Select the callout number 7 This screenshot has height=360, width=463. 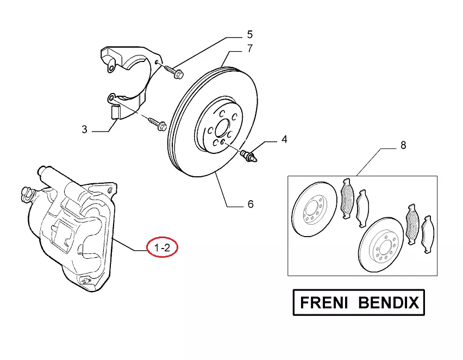[x=249, y=48]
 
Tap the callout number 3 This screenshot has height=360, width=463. [x=84, y=129]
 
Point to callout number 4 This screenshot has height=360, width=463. [x=284, y=140]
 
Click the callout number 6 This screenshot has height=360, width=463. [x=250, y=204]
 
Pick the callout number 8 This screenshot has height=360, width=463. [x=403, y=145]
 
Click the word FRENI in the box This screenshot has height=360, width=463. [x=325, y=302]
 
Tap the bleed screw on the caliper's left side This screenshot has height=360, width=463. [x=26, y=192]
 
